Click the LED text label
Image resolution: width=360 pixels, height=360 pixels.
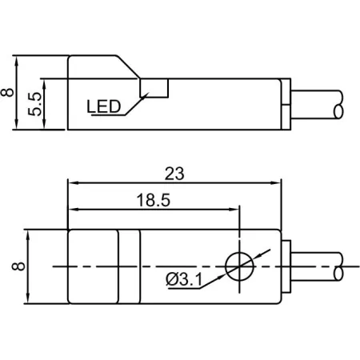[104, 106]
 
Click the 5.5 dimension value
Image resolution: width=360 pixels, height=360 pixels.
[35, 104]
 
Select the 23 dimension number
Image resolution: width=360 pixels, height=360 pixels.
[174, 174]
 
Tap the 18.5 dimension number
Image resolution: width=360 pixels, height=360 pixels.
[153, 200]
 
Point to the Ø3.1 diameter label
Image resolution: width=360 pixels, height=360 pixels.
[184, 279]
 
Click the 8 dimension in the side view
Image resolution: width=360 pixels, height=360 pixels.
[7, 92]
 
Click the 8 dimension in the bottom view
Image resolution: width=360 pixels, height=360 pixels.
[18, 266]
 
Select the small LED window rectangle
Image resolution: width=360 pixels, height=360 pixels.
[154, 88]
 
